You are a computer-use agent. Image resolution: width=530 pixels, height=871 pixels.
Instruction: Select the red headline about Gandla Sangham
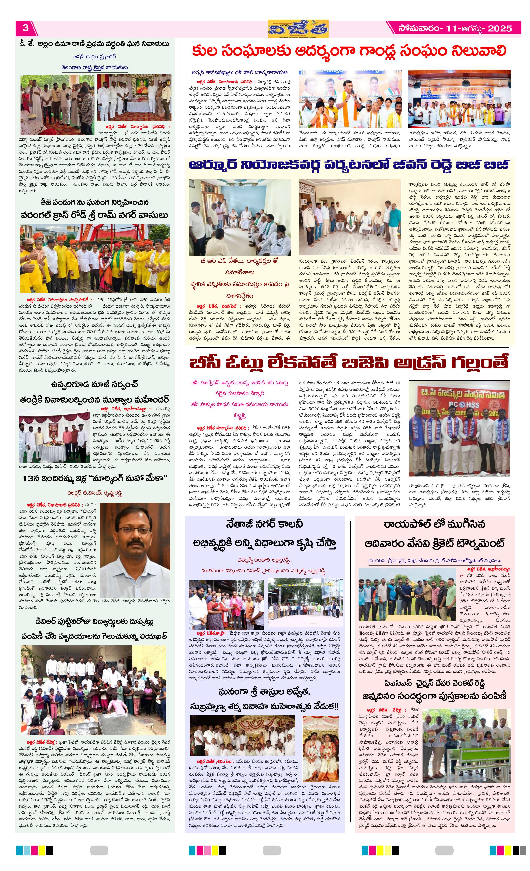[349, 51]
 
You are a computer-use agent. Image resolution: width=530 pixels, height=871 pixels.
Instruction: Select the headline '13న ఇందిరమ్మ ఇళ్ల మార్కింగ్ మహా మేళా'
[94, 479]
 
